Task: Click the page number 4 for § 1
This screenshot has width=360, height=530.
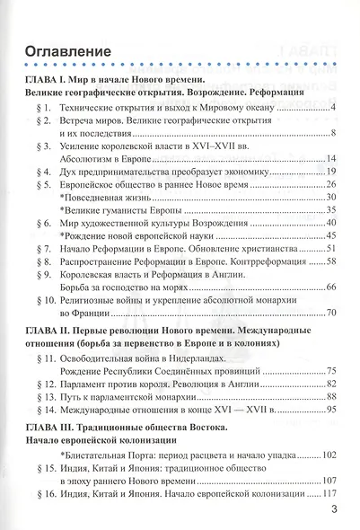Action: tap(332, 108)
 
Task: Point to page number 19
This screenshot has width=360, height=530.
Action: tap(329, 171)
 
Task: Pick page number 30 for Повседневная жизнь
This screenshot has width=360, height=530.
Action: tap(329, 196)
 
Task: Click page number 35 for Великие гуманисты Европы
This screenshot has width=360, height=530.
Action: tap(329, 208)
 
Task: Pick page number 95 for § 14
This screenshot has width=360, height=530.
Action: tap(329, 410)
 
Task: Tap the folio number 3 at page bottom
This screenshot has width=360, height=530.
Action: tap(333, 510)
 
